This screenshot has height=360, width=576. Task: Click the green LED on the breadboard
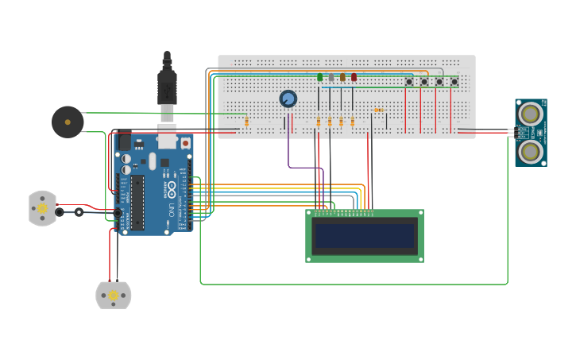pyautogui.click(x=320, y=77)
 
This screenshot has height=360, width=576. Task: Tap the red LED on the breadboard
pyautogui.click(x=354, y=77)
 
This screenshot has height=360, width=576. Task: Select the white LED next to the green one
pyautogui.click(x=331, y=77)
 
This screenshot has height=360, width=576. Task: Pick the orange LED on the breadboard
pyautogui.click(x=342, y=77)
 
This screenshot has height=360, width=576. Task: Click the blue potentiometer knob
pyautogui.click(x=288, y=99)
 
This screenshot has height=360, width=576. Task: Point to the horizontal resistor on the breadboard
pyautogui.click(x=378, y=110)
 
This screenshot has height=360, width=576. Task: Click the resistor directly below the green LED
pyautogui.click(x=319, y=122)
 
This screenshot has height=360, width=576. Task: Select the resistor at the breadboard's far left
pyautogui.click(x=246, y=121)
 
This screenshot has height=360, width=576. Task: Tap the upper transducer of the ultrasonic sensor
pyautogui.click(x=530, y=114)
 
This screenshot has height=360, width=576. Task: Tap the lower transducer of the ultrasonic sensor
pyautogui.click(x=530, y=149)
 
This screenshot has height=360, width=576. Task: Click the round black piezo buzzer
pyautogui.click(x=68, y=122)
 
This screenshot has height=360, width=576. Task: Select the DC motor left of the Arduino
pyautogui.click(x=42, y=208)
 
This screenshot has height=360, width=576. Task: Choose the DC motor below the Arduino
pyautogui.click(x=114, y=295)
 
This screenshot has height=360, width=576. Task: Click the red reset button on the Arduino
pyautogui.click(x=185, y=143)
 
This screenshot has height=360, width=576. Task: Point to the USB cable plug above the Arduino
pyautogui.click(x=167, y=87)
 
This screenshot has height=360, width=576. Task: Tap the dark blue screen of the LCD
pyautogui.click(x=365, y=236)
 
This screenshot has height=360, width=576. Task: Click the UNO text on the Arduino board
pyautogui.click(x=171, y=211)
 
